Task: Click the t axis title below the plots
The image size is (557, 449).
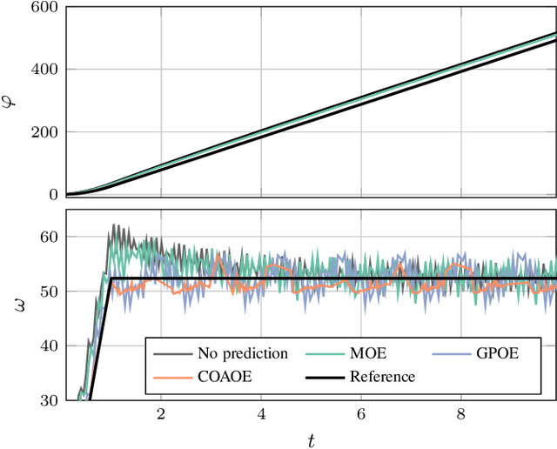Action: coord(311,439)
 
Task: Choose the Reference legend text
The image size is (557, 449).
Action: coord(383,376)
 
